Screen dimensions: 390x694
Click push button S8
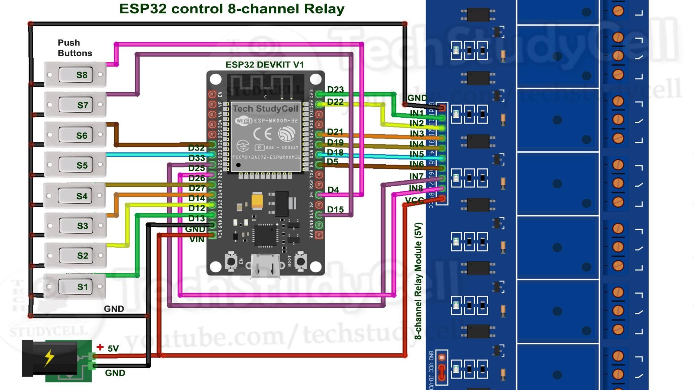pyautogui.click(x=75, y=75)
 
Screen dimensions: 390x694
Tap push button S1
pyautogui.click(x=75, y=287)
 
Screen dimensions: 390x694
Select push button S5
pyautogui.click(x=75, y=165)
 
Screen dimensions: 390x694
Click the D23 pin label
pyautogui.click(x=335, y=90)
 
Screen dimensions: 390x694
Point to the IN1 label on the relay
pyautogui.click(x=416, y=113)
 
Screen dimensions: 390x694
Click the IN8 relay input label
pyautogui.click(x=416, y=188)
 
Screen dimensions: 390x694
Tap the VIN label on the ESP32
pyautogui.click(x=197, y=240)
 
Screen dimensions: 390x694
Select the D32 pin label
pyautogui.click(x=196, y=148)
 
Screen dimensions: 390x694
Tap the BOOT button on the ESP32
pyautogui.click(x=300, y=261)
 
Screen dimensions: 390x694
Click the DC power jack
pyautogui.click(x=50, y=358)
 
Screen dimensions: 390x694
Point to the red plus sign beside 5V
pyautogui.click(x=100, y=347)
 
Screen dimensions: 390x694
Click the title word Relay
pyautogui.click(x=324, y=9)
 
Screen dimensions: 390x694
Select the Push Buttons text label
pyautogui.click(x=74, y=48)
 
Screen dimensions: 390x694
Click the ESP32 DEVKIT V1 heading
pyautogui.click(x=265, y=65)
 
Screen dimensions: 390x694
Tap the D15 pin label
pyautogui.click(x=335, y=209)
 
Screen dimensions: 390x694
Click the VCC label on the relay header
pyautogui.click(x=414, y=200)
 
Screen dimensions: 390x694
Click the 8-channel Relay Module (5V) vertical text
pyautogui.click(x=418, y=281)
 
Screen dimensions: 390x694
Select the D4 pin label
pyautogui.click(x=333, y=190)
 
